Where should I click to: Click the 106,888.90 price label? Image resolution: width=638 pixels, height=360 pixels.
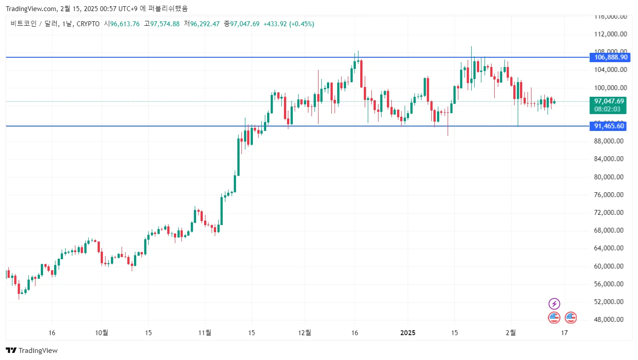[x=611, y=57]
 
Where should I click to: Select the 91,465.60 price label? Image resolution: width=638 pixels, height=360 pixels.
[x=609, y=126]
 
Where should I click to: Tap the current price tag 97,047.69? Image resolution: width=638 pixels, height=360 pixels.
[x=609, y=101]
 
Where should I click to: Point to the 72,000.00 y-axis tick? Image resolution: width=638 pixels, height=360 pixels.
[x=610, y=213]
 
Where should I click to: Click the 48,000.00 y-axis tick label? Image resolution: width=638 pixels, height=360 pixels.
[x=610, y=320]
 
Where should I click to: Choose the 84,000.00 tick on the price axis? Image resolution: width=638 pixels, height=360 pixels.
[x=610, y=159]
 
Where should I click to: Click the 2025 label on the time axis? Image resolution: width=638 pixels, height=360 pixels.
[x=408, y=332]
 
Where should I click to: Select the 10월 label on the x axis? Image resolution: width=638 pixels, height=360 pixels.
[x=102, y=332]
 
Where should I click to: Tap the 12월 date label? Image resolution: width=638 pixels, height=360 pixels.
[x=305, y=332]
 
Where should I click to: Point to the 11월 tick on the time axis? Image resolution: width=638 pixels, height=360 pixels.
[x=205, y=332]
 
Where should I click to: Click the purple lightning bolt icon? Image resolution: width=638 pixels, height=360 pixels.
[x=554, y=304]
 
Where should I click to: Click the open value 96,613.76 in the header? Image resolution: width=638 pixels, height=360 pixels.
[x=125, y=24]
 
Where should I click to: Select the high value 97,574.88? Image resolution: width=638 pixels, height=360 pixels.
[x=165, y=24]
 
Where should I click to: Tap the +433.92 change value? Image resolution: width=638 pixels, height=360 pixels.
[x=275, y=24]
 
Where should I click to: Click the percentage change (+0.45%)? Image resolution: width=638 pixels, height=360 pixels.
[x=302, y=24]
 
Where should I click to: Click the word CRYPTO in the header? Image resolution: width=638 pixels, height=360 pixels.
[x=88, y=24]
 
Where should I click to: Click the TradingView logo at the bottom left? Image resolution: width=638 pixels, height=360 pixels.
[x=32, y=350]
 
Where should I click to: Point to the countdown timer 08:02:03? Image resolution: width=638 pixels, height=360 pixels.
[x=609, y=109]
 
